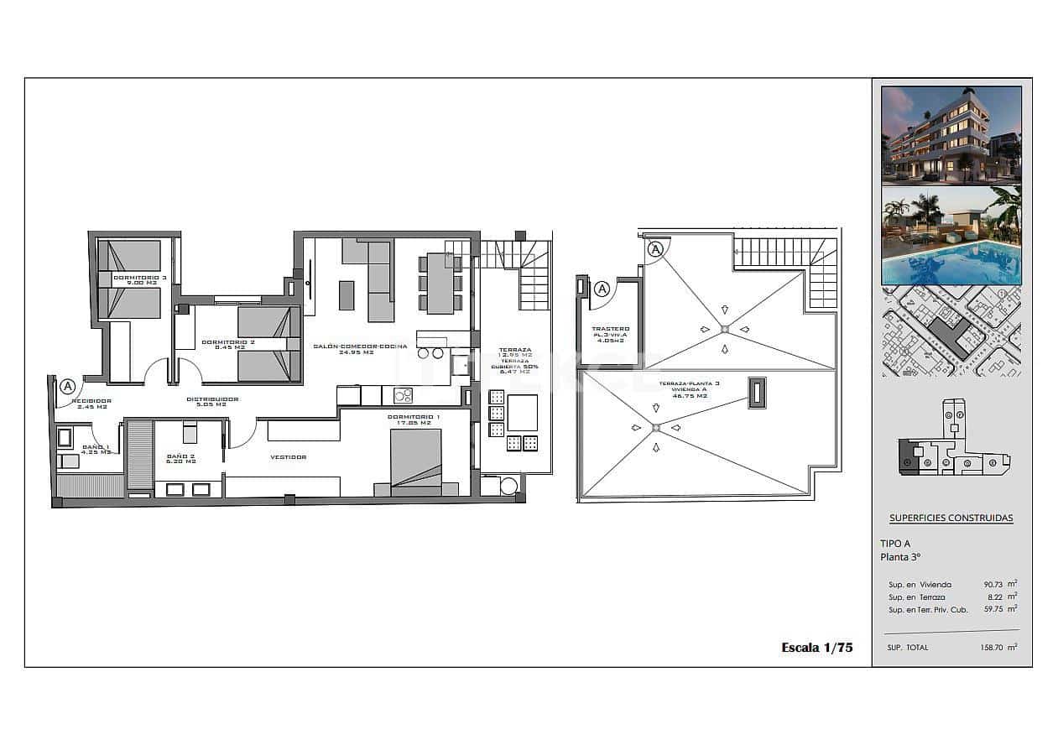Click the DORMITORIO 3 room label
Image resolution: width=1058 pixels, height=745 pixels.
[140, 278]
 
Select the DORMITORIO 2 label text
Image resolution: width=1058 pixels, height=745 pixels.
[223, 342]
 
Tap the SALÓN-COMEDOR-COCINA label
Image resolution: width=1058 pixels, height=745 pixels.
[360, 346]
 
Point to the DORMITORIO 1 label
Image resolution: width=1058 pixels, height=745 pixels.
[414, 417]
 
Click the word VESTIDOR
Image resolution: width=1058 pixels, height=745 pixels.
[288, 457]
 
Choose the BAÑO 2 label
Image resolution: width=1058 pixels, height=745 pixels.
[180, 456]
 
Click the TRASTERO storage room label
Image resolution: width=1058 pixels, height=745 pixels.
[610, 330]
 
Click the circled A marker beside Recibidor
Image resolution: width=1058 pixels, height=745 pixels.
[68, 386]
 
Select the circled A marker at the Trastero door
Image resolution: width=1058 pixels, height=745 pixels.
[601, 289]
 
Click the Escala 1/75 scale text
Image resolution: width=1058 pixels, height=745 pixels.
[816, 647]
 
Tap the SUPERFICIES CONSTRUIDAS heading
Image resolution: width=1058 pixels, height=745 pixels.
[951, 518]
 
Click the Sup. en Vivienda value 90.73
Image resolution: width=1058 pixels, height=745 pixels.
[995, 585]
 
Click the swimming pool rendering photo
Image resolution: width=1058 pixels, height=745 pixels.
[951, 236]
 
